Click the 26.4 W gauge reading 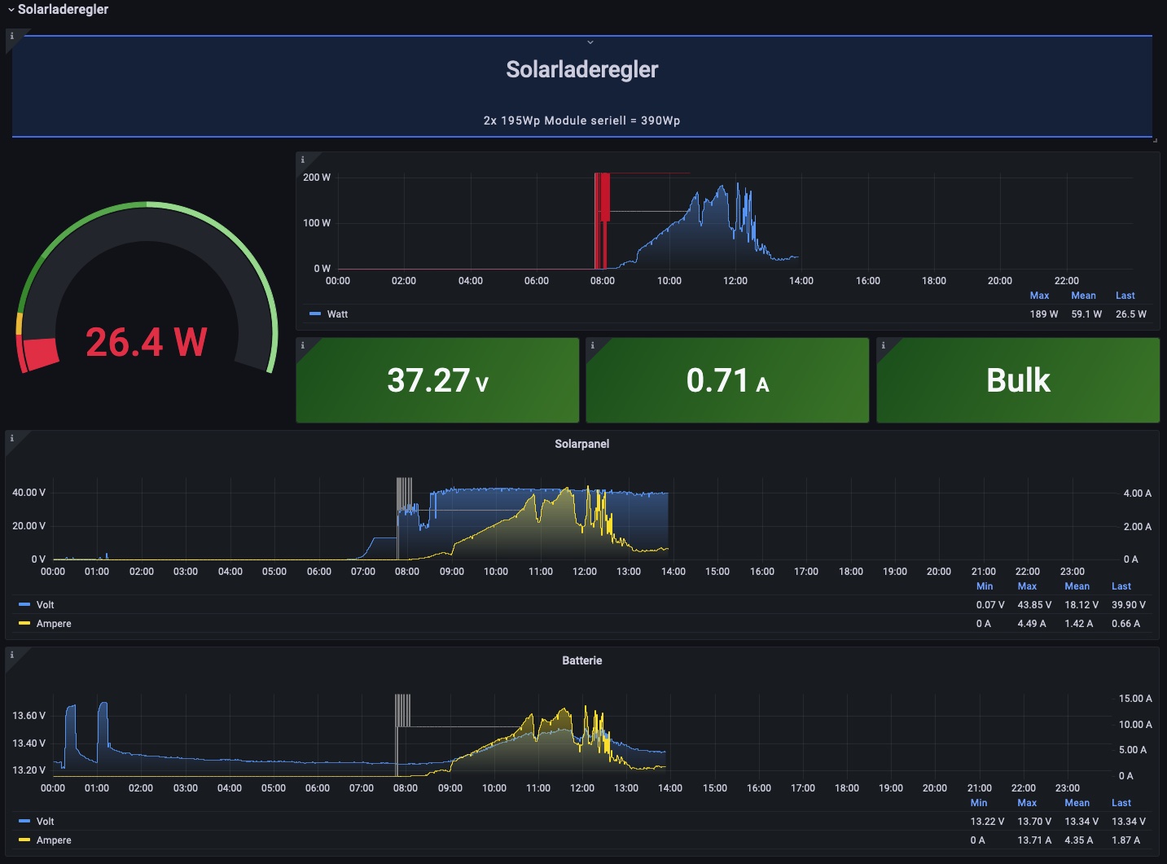click(x=147, y=342)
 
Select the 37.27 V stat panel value click(x=437, y=380)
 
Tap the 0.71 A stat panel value click(x=727, y=380)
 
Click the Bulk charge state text click(x=1018, y=380)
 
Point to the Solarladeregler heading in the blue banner click(x=582, y=69)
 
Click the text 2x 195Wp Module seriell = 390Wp click(x=582, y=121)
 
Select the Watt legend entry click(x=337, y=314)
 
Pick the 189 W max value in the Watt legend click(x=1043, y=314)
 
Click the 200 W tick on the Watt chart click(x=317, y=178)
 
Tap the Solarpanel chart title click(x=582, y=444)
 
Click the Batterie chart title click(x=582, y=660)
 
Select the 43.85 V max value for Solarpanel click(x=1034, y=605)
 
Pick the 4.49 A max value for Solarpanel click(x=1032, y=624)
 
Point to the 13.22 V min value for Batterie click(x=987, y=822)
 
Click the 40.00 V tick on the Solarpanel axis click(x=29, y=493)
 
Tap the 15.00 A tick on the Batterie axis click(x=1135, y=699)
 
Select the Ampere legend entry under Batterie click(x=54, y=840)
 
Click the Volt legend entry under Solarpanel click(x=46, y=605)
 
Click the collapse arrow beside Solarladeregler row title click(x=11, y=10)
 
